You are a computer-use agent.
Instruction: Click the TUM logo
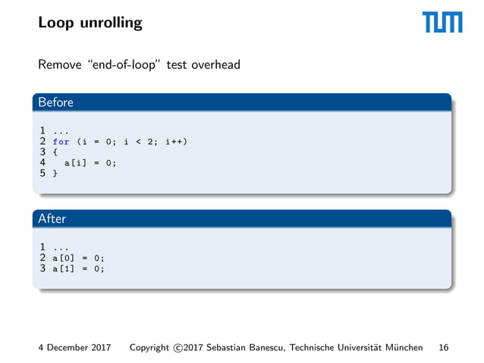[x=442, y=23]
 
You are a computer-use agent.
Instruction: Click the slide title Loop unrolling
[x=90, y=23]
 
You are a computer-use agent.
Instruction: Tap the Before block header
[x=56, y=102]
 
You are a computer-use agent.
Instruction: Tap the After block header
[x=52, y=218]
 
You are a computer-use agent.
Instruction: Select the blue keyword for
[x=61, y=141]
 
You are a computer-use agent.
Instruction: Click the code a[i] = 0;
[x=90, y=162]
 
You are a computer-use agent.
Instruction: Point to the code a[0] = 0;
[x=78, y=258]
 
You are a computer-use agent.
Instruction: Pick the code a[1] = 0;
[x=78, y=268]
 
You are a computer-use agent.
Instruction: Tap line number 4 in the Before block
[x=43, y=162]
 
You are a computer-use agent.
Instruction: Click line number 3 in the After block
[x=43, y=268]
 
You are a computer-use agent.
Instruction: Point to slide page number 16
[x=443, y=348]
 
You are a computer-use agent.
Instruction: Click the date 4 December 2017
[x=74, y=348]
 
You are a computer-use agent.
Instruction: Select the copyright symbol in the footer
[x=178, y=348]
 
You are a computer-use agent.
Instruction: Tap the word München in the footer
[x=404, y=348]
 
